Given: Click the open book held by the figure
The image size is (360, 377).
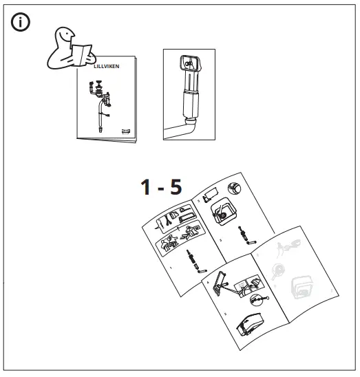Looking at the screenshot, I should point(83,53).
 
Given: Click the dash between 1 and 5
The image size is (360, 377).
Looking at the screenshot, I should point(165,190).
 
